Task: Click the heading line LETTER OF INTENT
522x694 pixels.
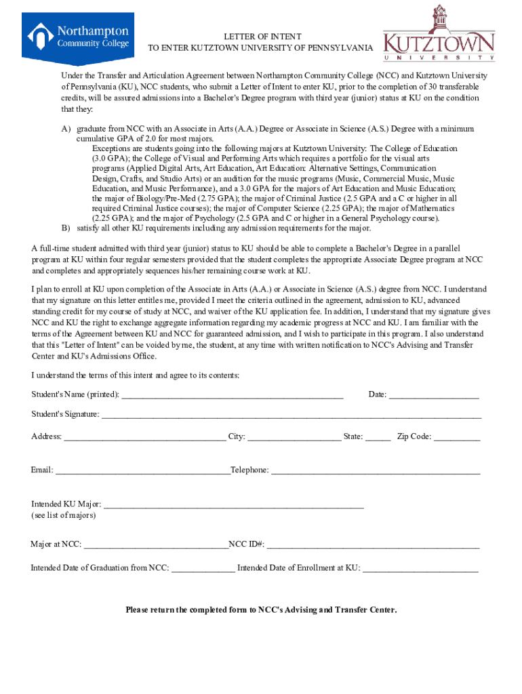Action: pos(263,36)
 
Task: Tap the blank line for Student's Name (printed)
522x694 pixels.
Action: pos(232,395)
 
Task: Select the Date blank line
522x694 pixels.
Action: pos(434,395)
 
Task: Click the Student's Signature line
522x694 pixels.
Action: pos(292,415)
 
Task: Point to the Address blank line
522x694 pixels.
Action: pos(144,437)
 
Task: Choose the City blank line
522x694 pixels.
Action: pos(294,437)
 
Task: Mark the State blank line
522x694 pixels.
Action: pos(378,437)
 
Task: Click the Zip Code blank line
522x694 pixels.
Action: pos(457,437)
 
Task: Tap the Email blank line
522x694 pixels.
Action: pos(142,470)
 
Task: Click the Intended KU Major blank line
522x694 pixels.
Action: pos(234,505)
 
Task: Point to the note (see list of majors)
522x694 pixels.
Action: pos(64,516)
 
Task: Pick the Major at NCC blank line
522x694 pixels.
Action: pos(156,544)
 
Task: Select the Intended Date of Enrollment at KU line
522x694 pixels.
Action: pos(420,569)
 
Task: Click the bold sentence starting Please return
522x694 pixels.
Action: pos(261,610)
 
